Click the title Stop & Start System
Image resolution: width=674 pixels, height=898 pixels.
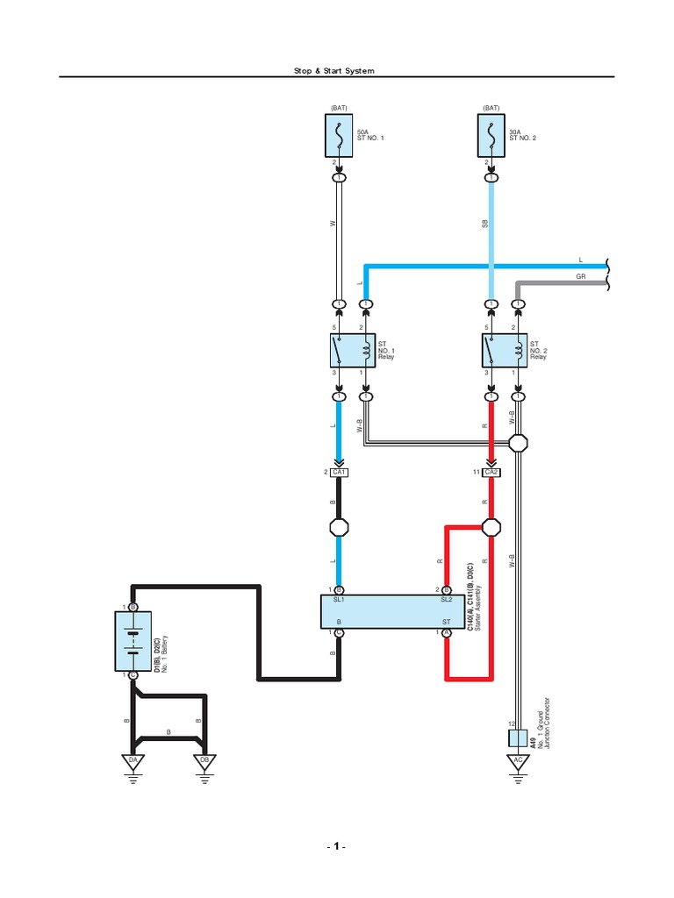click(x=337, y=70)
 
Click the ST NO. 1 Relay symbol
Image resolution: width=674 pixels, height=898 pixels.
click(x=353, y=350)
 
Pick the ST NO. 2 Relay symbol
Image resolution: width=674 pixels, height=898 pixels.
click(x=505, y=350)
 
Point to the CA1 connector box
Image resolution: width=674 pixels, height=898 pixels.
click(x=340, y=473)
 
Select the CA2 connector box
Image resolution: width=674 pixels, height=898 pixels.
click(x=491, y=473)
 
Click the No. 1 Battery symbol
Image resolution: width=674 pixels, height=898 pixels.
click(x=133, y=640)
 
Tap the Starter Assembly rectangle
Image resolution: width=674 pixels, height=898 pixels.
click(x=391, y=610)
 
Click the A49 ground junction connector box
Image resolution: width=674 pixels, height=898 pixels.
click(x=518, y=738)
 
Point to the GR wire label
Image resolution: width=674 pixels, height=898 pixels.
click(x=580, y=276)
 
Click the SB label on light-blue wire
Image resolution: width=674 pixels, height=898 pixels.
click(x=484, y=224)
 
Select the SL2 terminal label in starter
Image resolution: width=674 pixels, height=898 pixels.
click(x=445, y=600)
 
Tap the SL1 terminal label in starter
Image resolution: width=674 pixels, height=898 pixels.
click(x=339, y=600)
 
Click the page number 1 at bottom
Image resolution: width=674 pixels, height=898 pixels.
click(x=336, y=847)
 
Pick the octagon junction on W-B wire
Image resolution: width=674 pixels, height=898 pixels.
click(x=520, y=443)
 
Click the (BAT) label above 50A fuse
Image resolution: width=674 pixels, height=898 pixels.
click(x=339, y=108)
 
